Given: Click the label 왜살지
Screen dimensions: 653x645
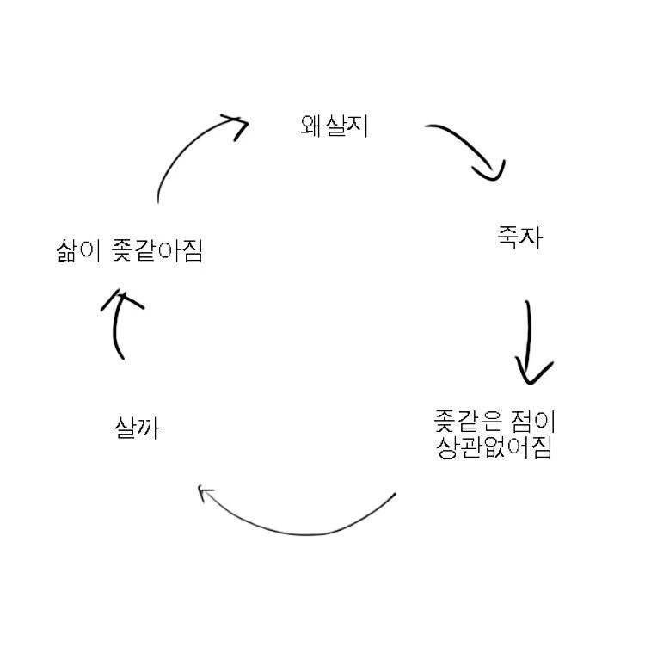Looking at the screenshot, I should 335,126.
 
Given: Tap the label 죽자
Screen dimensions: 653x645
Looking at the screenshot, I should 519,236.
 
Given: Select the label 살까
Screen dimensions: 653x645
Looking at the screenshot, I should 137,427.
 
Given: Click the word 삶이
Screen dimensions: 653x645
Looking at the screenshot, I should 80,251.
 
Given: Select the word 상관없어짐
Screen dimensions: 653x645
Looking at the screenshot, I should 494,448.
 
